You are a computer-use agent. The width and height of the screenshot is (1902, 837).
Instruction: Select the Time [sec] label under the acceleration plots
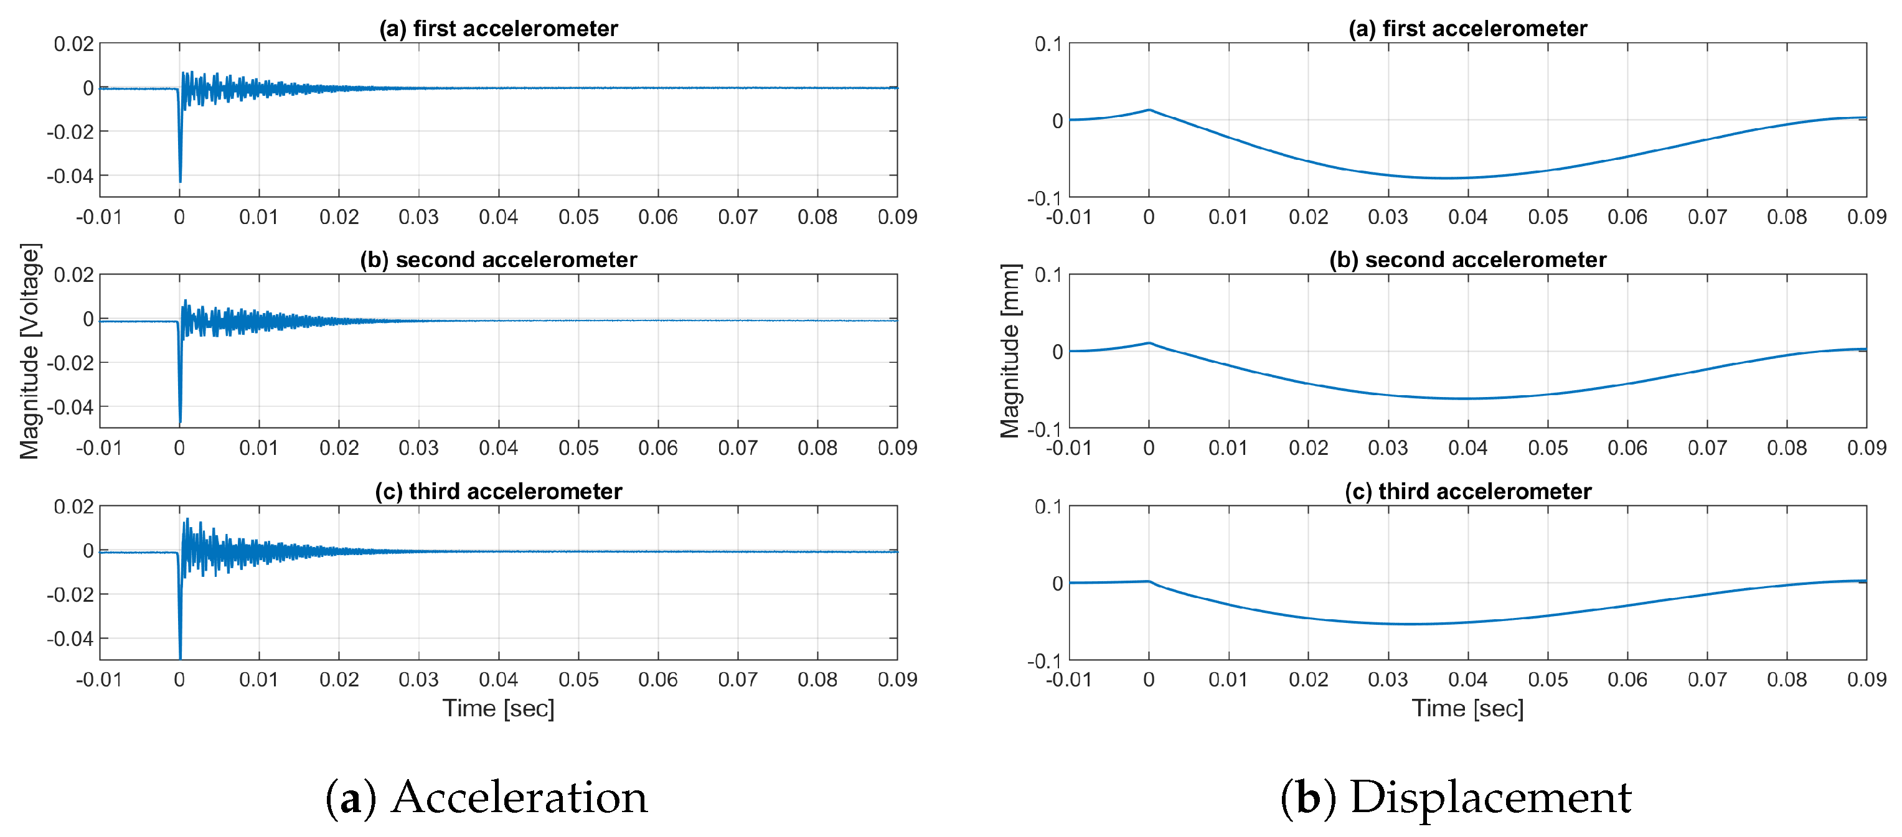(499, 709)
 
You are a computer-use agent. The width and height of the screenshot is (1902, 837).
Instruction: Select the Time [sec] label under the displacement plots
(1468, 709)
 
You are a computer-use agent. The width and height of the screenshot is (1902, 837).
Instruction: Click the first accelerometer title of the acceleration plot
(499, 28)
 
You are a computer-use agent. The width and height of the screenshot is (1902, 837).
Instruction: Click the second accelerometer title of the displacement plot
(1468, 260)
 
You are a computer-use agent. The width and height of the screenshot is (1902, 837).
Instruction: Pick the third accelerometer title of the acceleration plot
(499, 492)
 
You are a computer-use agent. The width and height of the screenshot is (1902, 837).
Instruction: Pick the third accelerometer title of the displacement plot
(1468, 492)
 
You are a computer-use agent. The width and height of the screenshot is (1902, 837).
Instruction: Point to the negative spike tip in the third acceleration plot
(180, 657)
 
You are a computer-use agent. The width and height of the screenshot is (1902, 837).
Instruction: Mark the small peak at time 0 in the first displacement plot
(1149, 110)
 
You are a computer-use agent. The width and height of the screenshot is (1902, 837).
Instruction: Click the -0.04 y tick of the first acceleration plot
(71, 176)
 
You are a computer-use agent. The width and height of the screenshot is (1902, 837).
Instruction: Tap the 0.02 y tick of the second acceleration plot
(74, 275)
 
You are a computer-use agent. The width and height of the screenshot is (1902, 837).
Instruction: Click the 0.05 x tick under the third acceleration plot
(578, 680)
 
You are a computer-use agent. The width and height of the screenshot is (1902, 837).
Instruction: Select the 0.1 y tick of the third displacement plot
(1048, 507)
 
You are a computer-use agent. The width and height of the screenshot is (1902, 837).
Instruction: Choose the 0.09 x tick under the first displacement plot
(1866, 217)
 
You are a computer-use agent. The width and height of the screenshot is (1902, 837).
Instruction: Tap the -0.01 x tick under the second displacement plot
(1068, 448)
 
